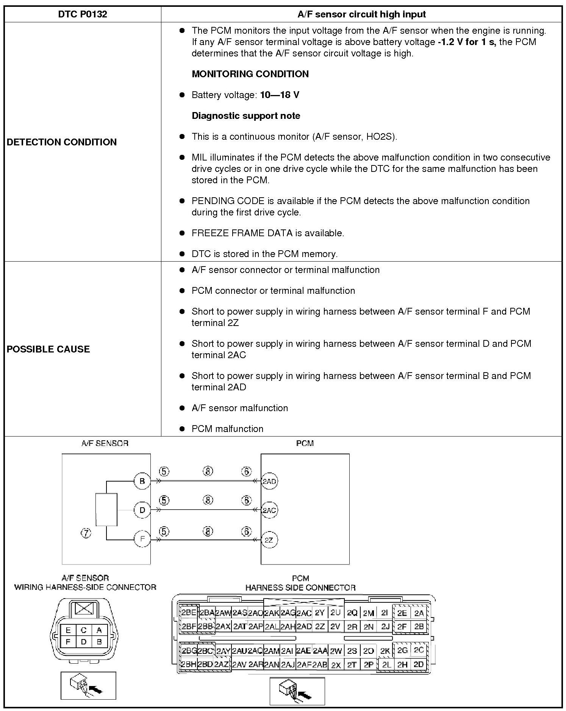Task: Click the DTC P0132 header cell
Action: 83,14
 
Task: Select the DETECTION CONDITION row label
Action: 62,142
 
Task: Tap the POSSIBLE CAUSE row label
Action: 48,349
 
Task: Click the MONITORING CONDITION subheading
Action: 250,74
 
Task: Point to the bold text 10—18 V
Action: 280,95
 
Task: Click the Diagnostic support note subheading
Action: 246,116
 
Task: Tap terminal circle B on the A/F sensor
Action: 142,481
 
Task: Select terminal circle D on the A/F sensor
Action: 142,510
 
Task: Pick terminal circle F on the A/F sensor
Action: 142,539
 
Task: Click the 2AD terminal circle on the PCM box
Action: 269,481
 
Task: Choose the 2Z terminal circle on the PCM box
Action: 269,540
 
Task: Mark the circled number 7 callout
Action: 86,533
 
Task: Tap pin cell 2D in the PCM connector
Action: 419,664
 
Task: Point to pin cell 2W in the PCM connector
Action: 336,651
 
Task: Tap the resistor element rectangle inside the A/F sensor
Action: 106,510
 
